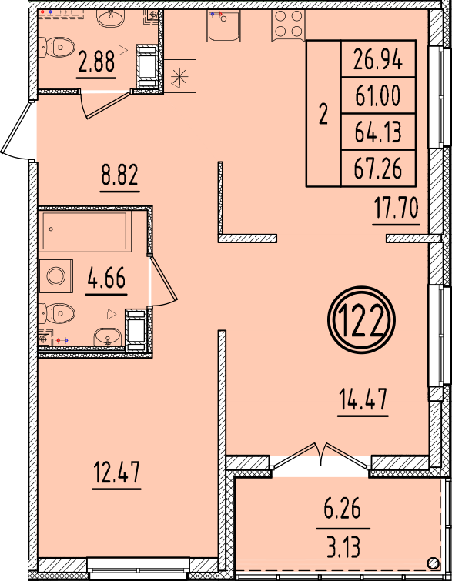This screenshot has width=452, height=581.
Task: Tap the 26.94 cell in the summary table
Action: coord(378,59)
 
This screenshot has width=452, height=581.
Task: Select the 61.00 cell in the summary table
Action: coord(378,95)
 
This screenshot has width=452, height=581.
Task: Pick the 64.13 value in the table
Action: coord(378,132)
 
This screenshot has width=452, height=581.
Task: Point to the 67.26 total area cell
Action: coord(378,168)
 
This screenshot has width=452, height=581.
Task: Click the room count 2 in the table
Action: coord(323,114)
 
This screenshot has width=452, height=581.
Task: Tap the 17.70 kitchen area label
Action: coord(396,208)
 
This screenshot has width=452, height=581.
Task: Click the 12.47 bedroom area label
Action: coord(117,472)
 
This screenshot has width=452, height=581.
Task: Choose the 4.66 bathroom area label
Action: coord(106,278)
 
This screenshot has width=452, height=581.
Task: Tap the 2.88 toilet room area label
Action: coord(96,62)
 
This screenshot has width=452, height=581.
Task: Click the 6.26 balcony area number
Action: coord(342,509)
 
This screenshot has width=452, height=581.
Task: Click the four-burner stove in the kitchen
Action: coord(289,25)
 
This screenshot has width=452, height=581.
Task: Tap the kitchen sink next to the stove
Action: coord(223,25)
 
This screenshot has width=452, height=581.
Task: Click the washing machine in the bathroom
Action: coord(56,276)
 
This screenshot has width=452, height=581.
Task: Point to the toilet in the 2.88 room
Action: coord(56,47)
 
